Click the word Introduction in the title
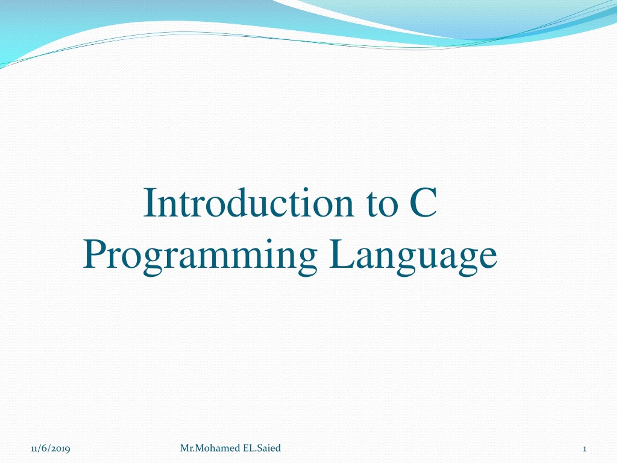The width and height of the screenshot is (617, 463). [x=248, y=203]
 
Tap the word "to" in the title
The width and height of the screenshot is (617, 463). [x=383, y=205]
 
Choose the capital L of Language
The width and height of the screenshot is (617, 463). [x=342, y=254]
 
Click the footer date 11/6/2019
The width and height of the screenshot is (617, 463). [x=50, y=449]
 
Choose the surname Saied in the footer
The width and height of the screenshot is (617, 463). [x=269, y=448]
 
